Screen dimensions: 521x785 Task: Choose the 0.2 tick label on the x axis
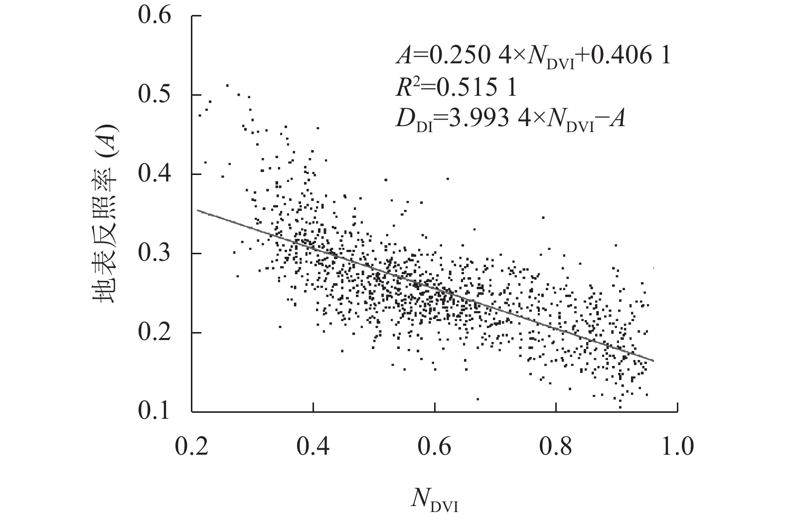[x=191, y=446]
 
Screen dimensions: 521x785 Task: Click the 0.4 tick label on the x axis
[x=313, y=446]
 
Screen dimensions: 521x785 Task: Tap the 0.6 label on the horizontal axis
[x=434, y=446]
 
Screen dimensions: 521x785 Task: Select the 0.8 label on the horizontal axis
[x=556, y=446]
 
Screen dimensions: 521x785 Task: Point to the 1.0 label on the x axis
[x=676, y=446]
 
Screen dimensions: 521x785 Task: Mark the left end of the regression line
[x=197, y=210]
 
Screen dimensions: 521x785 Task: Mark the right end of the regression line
[x=653, y=360]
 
